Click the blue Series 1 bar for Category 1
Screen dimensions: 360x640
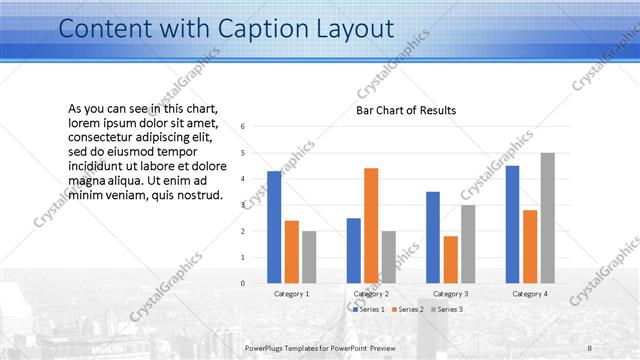[274, 227]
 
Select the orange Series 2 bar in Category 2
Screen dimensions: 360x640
[371, 226]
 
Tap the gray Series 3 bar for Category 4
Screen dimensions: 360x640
[547, 218]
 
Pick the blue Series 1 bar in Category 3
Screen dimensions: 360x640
[433, 237]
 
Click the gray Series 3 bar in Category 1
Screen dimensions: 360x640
[310, 257]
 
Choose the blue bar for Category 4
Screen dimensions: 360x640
[512, 224]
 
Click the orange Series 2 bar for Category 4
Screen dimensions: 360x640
[530, 246]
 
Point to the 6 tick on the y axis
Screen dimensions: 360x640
[243, 127]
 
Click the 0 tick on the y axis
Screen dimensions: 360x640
[243, 283]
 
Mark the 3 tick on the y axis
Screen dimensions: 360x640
[243, 205]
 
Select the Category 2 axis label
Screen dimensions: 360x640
[371, 294]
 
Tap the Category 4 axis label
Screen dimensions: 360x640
[530, 294]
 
